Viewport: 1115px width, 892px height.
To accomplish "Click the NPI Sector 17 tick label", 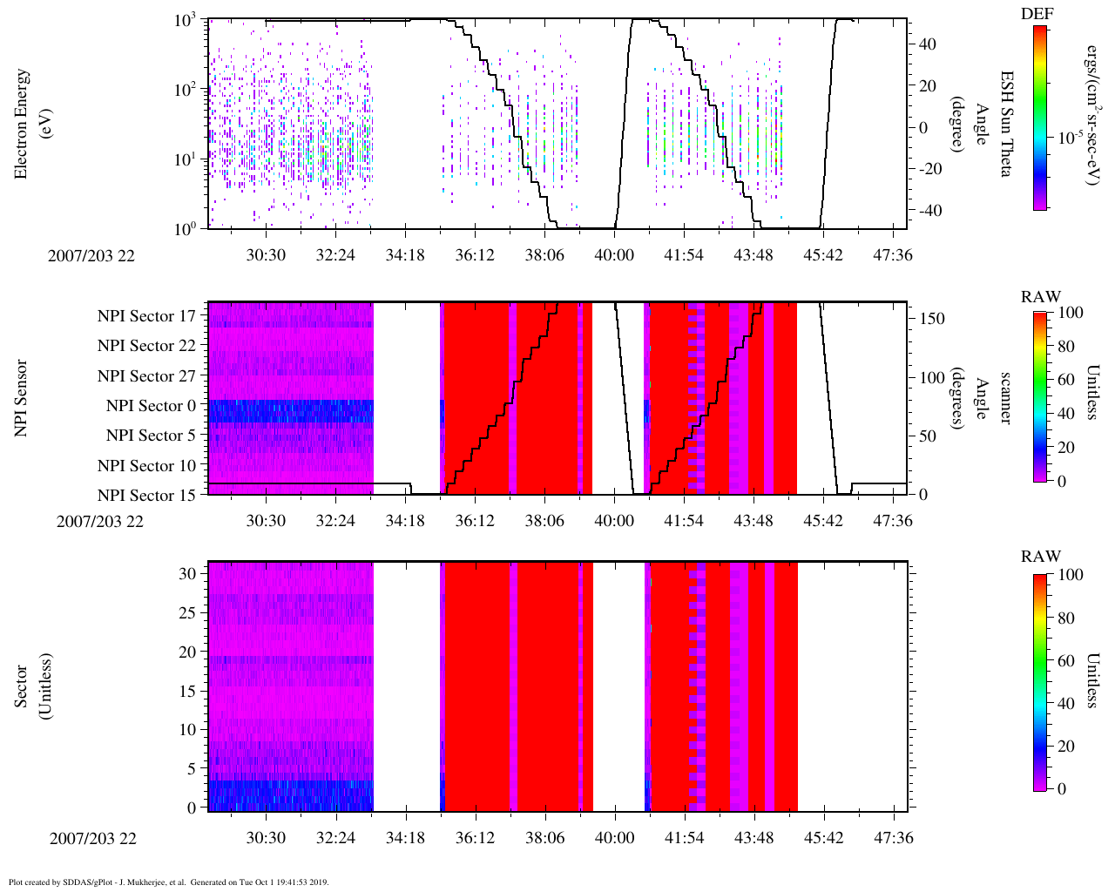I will [x=146, y=316].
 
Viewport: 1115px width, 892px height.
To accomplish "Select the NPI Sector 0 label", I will [x=151, y=406].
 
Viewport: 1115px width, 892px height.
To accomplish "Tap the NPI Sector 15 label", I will [x=146, y=496].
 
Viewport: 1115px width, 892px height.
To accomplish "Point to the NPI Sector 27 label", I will [x=146, y=376].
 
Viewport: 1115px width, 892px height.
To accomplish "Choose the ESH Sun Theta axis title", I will [x=1005, y=124].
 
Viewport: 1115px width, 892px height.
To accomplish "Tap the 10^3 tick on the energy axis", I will [x=184, y=21].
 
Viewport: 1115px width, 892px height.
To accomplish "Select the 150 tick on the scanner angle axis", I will [x=933, y=319].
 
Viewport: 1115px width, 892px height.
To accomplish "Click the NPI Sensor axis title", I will [x=21, y=398].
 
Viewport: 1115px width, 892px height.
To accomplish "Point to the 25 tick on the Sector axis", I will [x=187, y=614].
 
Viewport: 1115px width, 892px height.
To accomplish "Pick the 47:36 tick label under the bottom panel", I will [x=893, y=838].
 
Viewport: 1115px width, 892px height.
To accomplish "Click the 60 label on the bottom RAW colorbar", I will [x=1065, y=660].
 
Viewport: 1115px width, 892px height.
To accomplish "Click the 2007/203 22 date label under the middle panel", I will [x=100, y=522].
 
